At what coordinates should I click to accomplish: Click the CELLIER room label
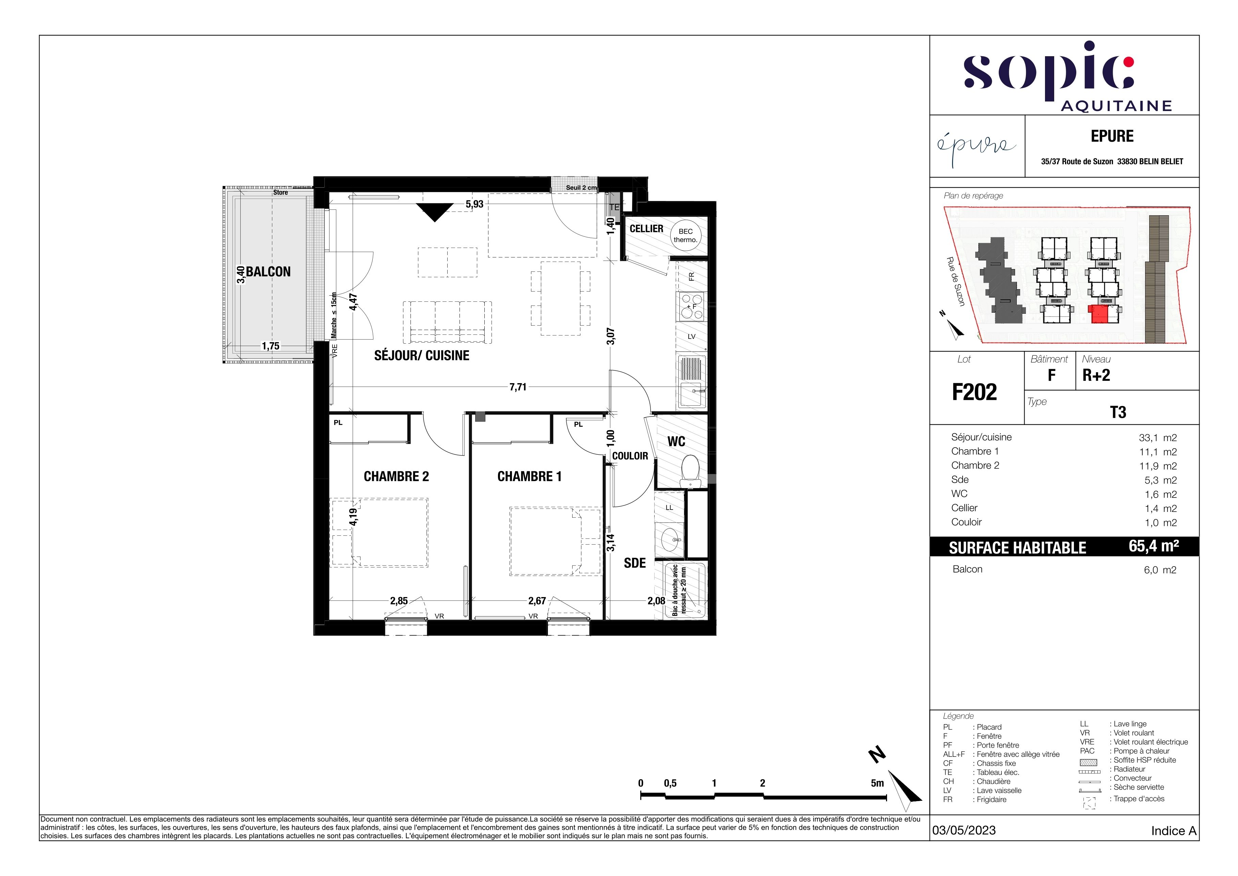pyautogui.click(x=646, y=229)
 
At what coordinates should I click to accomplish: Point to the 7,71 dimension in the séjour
pyautogui.click(x=518, y=387)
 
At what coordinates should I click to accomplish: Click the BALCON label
pyautogui.click(x=269, y=272)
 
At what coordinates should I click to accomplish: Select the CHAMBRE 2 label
pyautogui.click(x=396, y=476)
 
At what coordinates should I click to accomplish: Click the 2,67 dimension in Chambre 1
pyautogui.click(x=537, y=600)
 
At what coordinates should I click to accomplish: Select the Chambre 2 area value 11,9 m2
pyautogui.click(x=1158, y=466)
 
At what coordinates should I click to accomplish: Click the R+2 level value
pyautogui.click(x=1096, y=375)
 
